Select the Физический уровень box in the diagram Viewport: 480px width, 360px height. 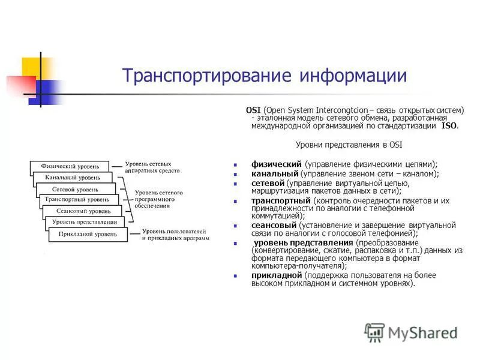pyautogui.click(x=70, y=166)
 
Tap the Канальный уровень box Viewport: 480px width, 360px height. pyautogui.click(x=73, y=178)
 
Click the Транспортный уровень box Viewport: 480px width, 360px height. pyautogui.click(x=79, y=199)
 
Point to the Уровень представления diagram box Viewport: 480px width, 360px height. pyautogui.click(x=85, y=222)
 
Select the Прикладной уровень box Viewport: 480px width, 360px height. pyautogui.click(x=88, y=235)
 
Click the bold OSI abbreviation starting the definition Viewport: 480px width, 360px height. pyautogui.click(x=254, y=110)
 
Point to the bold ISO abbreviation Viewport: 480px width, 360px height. pyautogui.click(x=449, y=126)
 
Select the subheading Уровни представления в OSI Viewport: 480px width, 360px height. pyautogui.click(x=349, y=145)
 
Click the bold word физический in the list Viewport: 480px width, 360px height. pyautogui.click(x=277, y=164)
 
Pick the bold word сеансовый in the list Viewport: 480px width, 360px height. pyautogui.click(x=274, y=225)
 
